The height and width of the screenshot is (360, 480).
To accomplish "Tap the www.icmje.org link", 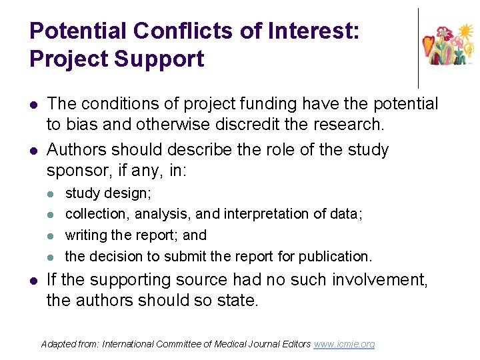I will pyautogui.click(x=344, y=344).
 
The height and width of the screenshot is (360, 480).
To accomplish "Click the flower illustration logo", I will pyautogui.click(x=449, y=45).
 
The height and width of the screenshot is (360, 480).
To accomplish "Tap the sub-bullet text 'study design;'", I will pyautogui.click(x=108, y=193).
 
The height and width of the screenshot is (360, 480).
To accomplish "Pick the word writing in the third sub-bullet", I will pyautogui.click(x=85, y=235).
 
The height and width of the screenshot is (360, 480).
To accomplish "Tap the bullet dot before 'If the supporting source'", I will pyautogui.click(x=33, y=281).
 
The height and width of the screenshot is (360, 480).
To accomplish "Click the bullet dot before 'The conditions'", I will pyautogui.click(x=33, y=105).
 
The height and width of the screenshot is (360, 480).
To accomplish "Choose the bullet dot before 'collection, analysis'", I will pyautogui.click(x=53, y=214).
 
